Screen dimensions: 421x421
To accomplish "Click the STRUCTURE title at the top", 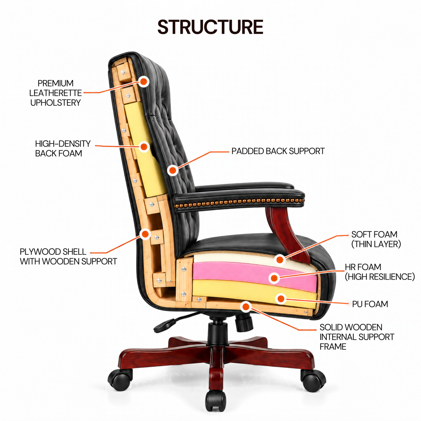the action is (x=210, y=27).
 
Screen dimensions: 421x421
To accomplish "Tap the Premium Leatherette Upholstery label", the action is (x=55, y=93).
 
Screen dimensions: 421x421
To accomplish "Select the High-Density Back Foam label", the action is (x=63, y=148).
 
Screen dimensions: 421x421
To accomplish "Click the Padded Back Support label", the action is (x=278, y=151).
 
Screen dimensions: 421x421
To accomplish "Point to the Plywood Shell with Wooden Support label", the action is (x=68, y=256).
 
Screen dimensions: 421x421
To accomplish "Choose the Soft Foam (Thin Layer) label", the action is (x=376, y=239).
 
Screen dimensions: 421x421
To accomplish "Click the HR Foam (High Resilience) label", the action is (x=380, y=272).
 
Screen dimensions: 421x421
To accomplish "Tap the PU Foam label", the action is (x=370, y=304).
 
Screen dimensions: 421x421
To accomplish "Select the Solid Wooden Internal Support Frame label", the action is (x=357, y=337).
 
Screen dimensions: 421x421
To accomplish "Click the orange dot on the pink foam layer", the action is (x=274, y=278).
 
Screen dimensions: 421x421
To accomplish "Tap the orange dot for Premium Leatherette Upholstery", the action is (x=143, y=81).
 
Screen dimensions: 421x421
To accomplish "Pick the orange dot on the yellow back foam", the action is (x=144, y=147).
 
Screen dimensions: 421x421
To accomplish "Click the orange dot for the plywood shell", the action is (x=145, y=234).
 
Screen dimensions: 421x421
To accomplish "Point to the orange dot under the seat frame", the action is (x=246, y=307).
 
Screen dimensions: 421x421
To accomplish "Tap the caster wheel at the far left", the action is (x=120, y=380).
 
